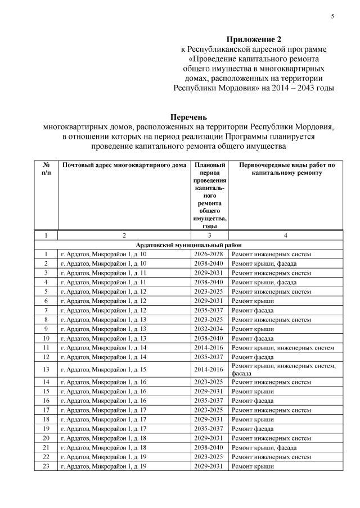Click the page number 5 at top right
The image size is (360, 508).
click(332, 16)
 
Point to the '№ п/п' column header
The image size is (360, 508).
click(46, 170)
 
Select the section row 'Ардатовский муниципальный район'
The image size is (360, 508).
click(188, 245)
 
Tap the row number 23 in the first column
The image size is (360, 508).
click(46, 466)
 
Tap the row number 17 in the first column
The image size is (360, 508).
click(46, 410)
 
